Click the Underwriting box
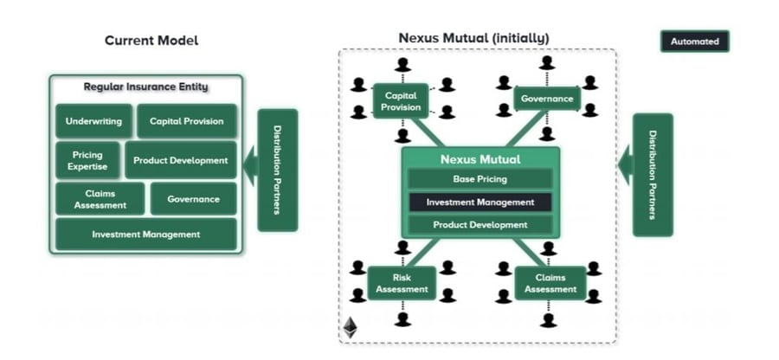coord(93,121)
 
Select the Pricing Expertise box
coord(87,160)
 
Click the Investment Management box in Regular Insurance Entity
coord(145,235)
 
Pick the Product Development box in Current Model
coord(181,160)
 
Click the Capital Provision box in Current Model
coord(186,121)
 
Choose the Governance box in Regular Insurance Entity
coord(193,199)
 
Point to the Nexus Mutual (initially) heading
coord(473,38)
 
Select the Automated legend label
coord(694,42)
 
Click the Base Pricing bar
coord(480,179)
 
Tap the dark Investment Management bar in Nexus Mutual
coord(480,202)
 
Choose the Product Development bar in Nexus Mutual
coord(480,225)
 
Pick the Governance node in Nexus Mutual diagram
coord(546,99)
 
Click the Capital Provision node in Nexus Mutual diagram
coord(401,101)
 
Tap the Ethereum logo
coord(351,328)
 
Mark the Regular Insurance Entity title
coord(145,87)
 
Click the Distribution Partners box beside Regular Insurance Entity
coord(277,170)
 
